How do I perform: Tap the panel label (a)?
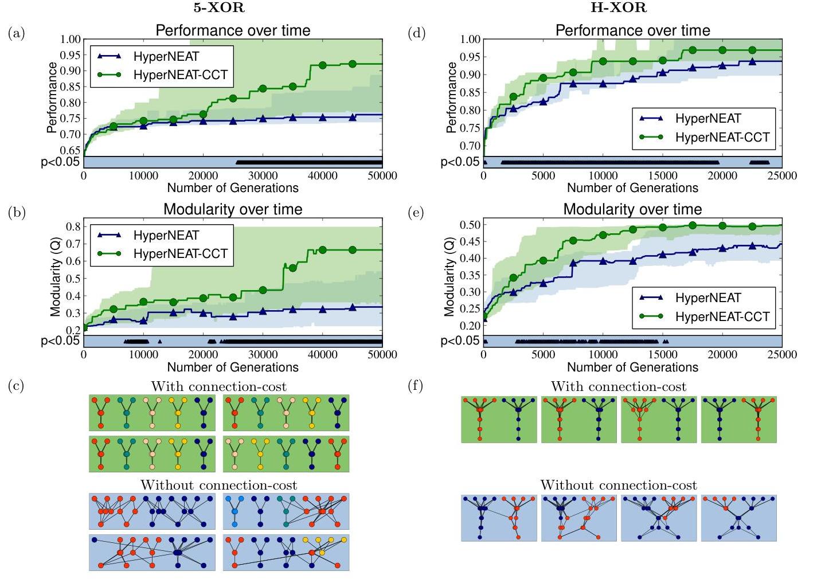click(17, 33)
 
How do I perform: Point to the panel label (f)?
click(416, 385)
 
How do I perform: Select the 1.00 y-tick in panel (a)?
click(71, 40)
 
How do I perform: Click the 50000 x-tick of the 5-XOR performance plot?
click(382, 175)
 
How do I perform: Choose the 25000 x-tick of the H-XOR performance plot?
click(781, 175)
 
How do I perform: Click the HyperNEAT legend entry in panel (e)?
click(708, 298)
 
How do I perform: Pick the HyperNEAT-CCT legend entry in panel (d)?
click(722, 137)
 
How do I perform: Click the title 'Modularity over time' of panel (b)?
click(233, 209)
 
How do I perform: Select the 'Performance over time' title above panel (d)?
click(632, 30)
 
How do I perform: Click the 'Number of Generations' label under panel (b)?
click(233, 367)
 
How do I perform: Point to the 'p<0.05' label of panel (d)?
click(460, 162)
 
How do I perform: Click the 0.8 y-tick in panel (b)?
click(73, 226)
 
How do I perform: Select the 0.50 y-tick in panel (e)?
click(470, 224)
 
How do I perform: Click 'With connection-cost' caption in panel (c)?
click(218, 386)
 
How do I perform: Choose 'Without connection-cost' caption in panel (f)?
click(619, 485)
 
